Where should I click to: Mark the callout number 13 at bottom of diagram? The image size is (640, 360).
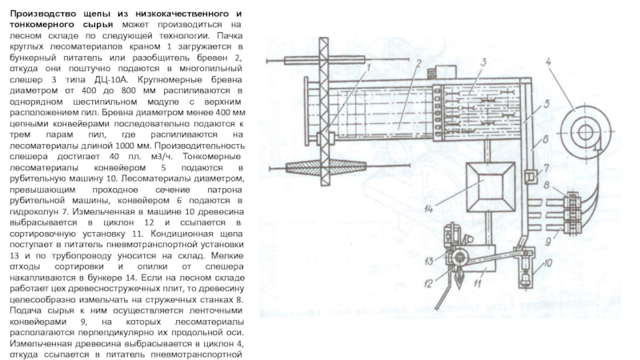point(429,262)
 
